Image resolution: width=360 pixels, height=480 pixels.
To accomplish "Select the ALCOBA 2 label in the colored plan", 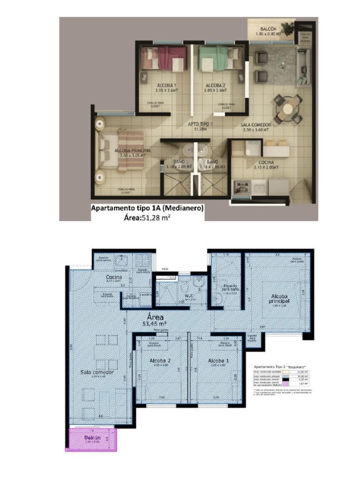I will pyautogui.click(x=216, y=85).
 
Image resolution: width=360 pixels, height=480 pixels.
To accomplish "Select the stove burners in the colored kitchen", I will pyautogui.click(x=242, y=187).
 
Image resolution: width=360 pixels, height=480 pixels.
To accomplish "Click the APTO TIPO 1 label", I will pyautogui.click(x=201, y=124).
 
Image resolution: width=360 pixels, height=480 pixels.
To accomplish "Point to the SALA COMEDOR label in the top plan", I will pyautogui.click(x=256, y=125).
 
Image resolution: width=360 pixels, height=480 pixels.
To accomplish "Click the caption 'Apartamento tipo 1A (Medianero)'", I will pyautogui.click(x=147, y=209).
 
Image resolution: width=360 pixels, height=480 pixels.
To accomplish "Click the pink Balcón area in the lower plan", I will pyautogui.click(x=92, y=439).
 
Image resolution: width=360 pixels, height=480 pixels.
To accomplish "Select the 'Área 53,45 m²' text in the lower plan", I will pyautogui.click(x=155, y=319).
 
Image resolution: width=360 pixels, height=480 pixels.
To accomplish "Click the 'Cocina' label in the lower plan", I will pyautogui.click(x=114, y=277).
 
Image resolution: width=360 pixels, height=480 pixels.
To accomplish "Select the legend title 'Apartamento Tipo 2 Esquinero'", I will pyautogui.click(x=279, y=367).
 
